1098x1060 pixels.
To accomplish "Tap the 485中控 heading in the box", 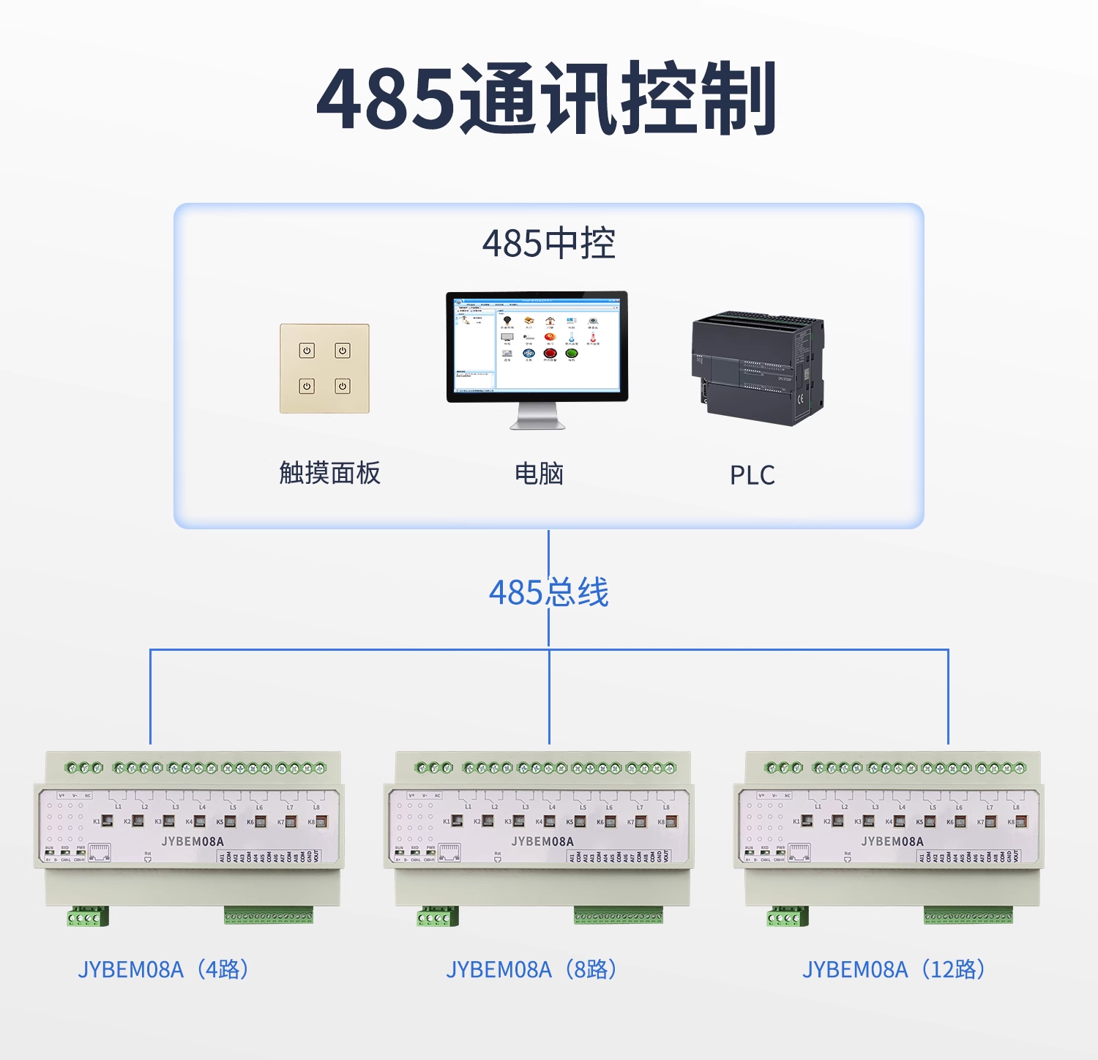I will [x=548, y=244].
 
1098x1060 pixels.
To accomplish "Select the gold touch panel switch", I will [x=324, y=368].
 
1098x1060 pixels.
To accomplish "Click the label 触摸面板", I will [x=329, y=474].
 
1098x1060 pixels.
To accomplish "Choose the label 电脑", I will [x=539, y=474].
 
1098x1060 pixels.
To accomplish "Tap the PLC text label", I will [x=752, y=475].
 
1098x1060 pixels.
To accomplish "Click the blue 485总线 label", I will [x=548, y=592].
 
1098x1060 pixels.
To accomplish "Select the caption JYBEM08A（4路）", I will [x=164, y=969].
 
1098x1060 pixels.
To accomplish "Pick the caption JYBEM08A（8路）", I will [x=532, y=969].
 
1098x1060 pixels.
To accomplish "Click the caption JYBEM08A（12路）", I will [x=894, y=969].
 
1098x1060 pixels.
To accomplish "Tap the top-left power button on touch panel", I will [x=307, y=351].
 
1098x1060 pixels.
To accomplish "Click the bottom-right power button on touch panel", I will [x=343, y=386].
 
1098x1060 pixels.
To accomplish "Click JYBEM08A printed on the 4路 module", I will [x=193, y=842].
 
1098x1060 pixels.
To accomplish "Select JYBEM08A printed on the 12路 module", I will [x=892, y=842].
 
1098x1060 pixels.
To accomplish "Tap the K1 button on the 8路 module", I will [x=457, y=821].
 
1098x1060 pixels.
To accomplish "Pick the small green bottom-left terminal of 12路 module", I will [x=788, y=917].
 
